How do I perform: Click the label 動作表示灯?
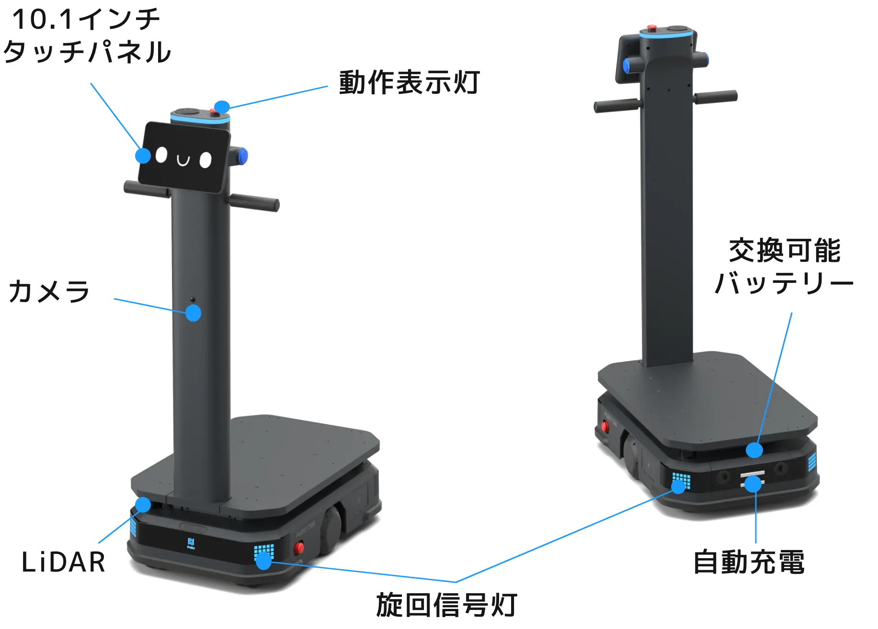(410, 82)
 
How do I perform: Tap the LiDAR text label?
(63, 562)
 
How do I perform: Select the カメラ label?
(49, 291)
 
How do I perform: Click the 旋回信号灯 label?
(446, 605)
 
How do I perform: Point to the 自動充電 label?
(749, 562)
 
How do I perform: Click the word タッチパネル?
(87, 52)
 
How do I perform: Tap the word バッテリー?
(784, 283)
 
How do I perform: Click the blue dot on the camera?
(193, 314)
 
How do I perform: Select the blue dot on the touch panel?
(143, 156)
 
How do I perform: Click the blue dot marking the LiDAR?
(143, 505)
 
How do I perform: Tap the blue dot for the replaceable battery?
(754, 450)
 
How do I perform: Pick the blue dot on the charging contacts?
(753, 484)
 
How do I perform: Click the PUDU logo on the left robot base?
(191, 543)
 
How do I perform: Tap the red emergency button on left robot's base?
(299, 547)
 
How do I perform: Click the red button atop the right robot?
(651, 28)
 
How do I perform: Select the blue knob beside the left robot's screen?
(242, 156)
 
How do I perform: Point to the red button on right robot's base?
(605, 426)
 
